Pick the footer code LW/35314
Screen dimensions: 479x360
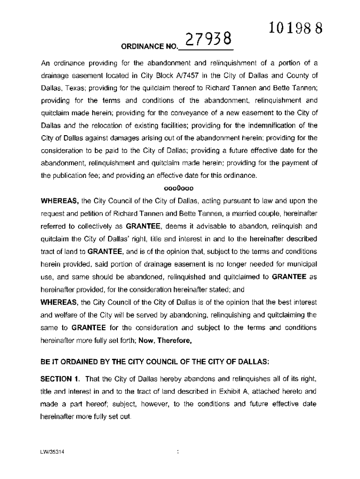tap(53, 452)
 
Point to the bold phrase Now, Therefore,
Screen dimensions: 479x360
tap(166, 341)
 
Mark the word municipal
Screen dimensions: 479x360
tap(302, 264)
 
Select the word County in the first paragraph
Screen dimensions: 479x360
tap(297, 75)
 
